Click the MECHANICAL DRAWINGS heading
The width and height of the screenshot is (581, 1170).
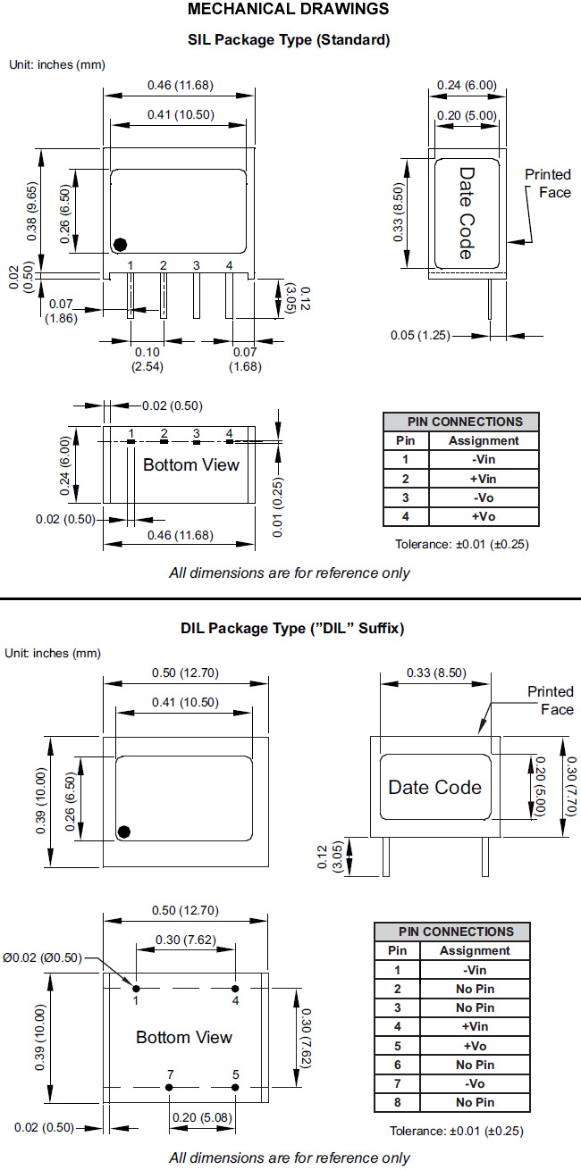tap(288, 9)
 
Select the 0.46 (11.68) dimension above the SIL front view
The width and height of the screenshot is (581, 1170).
tap(181, 85)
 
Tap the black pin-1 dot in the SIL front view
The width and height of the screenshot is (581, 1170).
tap(121, 244)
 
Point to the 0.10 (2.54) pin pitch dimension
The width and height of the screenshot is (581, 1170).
tap(147, 359)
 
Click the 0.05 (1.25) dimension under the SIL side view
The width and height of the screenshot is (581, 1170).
tap(420, 335)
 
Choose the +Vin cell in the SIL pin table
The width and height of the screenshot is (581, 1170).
tap(484, 479)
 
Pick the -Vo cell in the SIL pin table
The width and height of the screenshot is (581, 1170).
tap(484, 497)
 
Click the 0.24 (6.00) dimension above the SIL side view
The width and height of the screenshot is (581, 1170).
tap(467, 85)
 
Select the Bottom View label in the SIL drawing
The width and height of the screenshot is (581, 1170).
tap(191, 464)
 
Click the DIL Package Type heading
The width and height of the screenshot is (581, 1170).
tap(292, 628)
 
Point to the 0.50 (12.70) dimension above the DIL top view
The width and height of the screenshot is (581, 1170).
tap(186, 673)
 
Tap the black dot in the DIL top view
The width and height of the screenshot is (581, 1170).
tap(124, 832)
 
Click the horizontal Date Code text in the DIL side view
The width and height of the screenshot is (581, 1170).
tap(435, 787)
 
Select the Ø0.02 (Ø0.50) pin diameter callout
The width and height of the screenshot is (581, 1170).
tap(42, 957)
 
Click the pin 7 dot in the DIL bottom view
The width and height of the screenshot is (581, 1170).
tap(169, 1087)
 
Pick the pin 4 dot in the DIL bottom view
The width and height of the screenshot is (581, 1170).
tap(235, 988)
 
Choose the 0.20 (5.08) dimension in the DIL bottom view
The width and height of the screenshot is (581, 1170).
tap(202, 1117)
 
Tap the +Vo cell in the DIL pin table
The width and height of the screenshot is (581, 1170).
tap(475, 1046)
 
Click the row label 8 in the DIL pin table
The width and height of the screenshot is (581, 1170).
tap(398, 1102)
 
